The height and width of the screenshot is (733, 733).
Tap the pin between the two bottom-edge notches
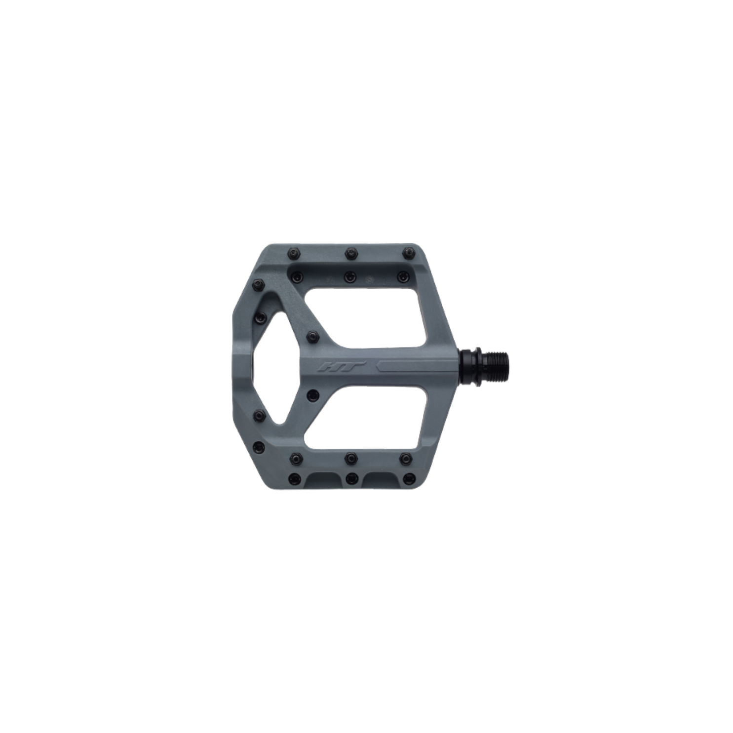351,477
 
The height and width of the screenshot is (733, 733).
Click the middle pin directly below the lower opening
350,457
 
